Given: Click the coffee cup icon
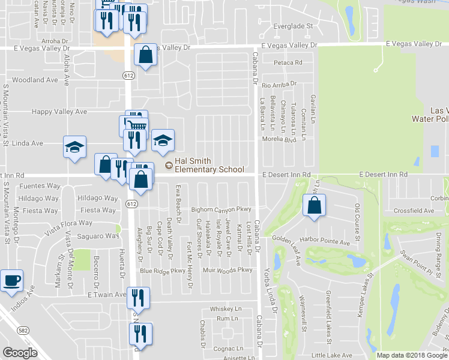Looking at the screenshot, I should click(11, 280).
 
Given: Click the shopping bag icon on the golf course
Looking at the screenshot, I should click(315, 205).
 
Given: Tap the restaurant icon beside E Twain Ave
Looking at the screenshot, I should click(139, 298).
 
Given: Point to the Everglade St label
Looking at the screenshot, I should click(294, 26).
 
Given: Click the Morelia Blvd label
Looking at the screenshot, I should click(280, 139).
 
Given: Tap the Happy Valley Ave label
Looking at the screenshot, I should click(59, 112).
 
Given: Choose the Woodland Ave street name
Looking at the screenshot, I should click(35, 80).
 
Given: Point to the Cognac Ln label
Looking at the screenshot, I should click(231, 348).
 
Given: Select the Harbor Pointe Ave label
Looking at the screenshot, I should click(328, 242).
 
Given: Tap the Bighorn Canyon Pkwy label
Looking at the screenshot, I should click(220, 209).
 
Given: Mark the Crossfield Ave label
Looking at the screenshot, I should click(414, 211).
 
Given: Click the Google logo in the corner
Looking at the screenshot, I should click(20, 353).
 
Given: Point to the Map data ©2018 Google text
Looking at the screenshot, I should click(411, 355).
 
